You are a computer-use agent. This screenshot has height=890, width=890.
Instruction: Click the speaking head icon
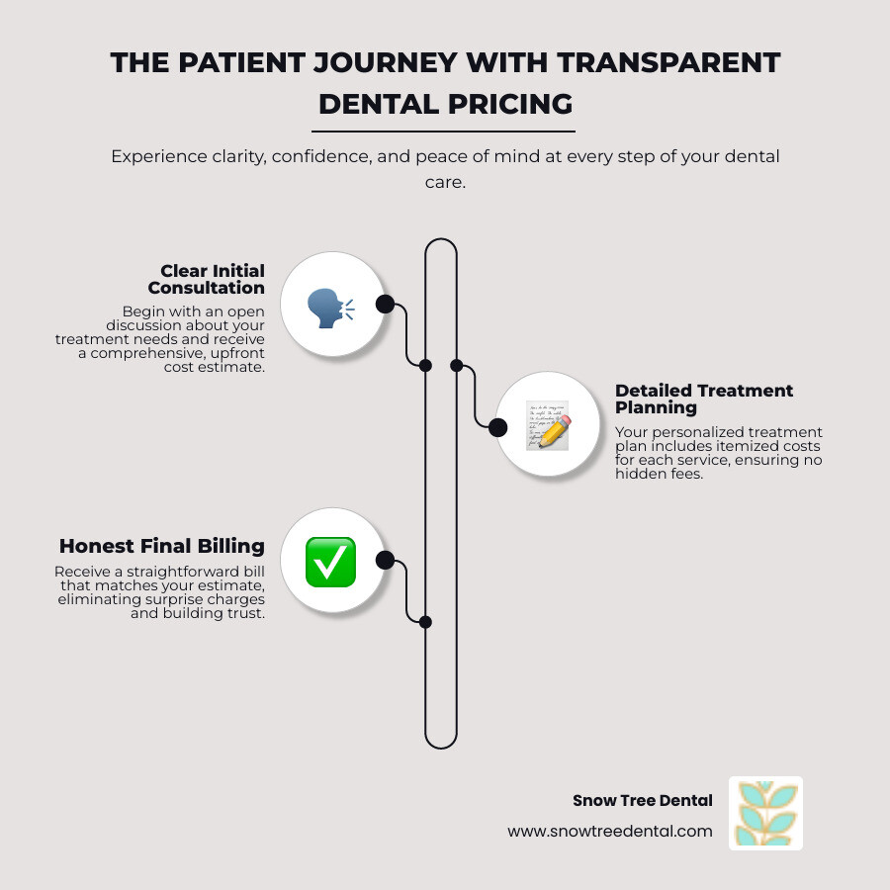click(330, 305)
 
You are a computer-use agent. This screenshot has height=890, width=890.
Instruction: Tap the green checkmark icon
click(330, 561)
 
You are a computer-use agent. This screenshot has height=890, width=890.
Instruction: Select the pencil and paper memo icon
click(547, 427)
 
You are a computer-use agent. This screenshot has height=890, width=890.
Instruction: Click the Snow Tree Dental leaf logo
click(765, 813)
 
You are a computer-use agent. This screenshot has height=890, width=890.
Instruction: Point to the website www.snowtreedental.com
click(610, 832)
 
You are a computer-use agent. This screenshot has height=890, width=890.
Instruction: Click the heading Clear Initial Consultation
click(207, 279)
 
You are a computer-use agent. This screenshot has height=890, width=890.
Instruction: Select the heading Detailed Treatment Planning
click(704, 399)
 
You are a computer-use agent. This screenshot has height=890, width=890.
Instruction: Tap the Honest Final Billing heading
click(162, 546)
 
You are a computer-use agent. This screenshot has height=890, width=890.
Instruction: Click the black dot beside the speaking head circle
click(385, 304)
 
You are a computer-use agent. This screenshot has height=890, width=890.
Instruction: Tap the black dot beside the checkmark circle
click(385, 561)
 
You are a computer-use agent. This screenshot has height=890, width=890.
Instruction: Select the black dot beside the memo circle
click(497, 427)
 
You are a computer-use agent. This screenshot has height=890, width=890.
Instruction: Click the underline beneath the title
click(445, 131)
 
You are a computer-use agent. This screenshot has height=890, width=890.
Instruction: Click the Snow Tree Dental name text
click(643, 801)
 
